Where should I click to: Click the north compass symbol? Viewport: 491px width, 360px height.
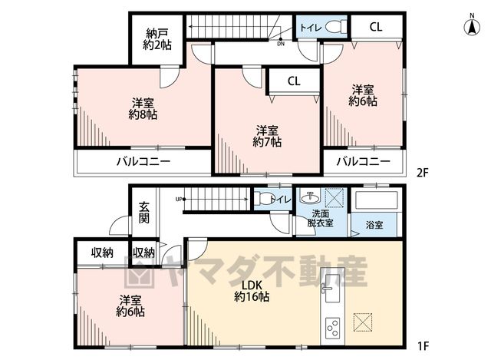[x=472, y=25]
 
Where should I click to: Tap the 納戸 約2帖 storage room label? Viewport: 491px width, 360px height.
[x=157, y=39]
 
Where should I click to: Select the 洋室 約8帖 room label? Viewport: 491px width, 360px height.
[x=143, y=109]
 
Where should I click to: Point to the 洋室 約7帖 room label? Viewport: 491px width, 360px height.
[x=267, y=137]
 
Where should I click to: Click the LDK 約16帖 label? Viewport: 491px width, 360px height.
[x=252, y=291]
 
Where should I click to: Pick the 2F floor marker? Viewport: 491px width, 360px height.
[x=422, y=173]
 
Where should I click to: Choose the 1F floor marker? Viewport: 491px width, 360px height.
[x=423, y=346]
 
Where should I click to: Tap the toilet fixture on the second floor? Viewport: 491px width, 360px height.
[x=336, y=27]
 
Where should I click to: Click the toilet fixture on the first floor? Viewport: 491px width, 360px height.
[x=264, y=198]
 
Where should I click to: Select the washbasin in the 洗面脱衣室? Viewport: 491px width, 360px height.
[x=310, y=197]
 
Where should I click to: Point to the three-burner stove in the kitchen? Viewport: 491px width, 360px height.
[x=332, y=328]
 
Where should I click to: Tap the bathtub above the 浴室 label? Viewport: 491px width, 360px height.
[x=377, y=200]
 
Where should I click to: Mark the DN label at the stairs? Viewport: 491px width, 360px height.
[x=281, y=45]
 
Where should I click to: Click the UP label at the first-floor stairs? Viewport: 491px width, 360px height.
[x=179, y=199]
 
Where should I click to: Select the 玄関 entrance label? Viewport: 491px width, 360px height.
[x=144, y=213]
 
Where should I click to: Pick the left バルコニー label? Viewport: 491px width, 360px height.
[x=143, y=162]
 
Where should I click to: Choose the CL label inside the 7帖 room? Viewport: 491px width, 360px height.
[x=294, y=81]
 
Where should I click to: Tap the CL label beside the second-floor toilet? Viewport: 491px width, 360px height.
[x=376, y=27]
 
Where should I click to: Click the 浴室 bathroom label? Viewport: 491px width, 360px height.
[x=374, y=225]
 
